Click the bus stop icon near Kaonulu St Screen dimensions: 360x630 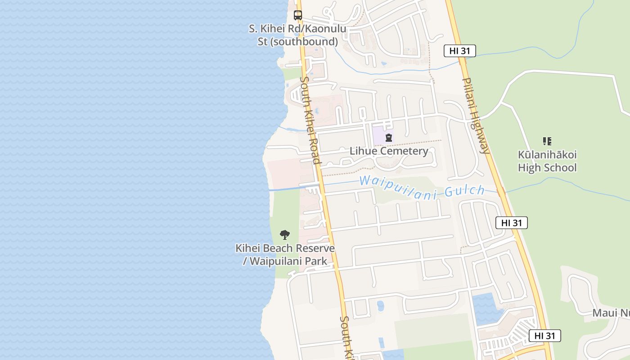pos(297,15)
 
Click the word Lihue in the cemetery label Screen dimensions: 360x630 pos(363,151)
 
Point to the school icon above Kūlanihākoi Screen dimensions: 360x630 pos(547,141)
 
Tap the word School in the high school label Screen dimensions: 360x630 pos(560,168)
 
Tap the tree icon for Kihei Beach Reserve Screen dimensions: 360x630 pos(285,234)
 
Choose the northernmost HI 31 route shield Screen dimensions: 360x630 pos(459,51)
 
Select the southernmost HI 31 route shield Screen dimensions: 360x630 pos(544,336)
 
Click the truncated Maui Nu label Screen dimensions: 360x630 pos(611,313)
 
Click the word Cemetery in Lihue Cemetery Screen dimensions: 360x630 pos(403,151)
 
